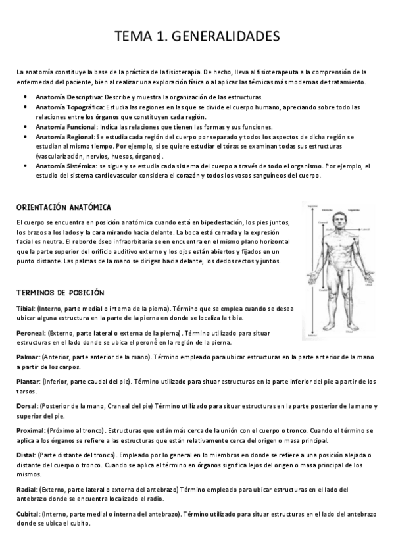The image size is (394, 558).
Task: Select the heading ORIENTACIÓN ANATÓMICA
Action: [63, 207]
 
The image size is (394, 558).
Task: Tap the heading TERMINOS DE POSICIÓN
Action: [61, 292]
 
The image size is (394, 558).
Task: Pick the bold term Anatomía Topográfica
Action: [67, 107]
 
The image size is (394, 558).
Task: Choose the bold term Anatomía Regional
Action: [64, 136]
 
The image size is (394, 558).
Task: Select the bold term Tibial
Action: [26, 308]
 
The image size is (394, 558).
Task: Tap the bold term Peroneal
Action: [30, 333]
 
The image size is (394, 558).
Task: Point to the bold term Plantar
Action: [28, 382]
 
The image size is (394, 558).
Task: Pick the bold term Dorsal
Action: [27, 407]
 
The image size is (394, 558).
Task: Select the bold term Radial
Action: [26, 489]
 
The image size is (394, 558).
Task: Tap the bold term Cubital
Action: [28, 513]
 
